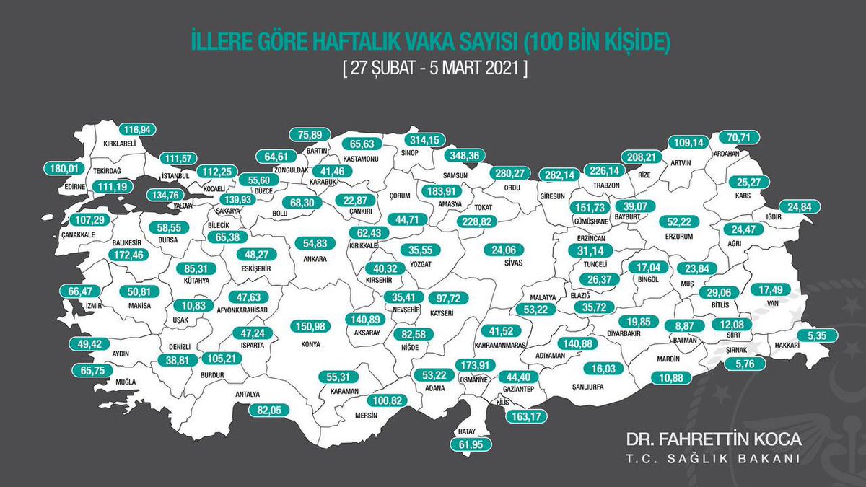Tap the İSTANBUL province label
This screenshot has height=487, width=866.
click(x=175, y=175)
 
